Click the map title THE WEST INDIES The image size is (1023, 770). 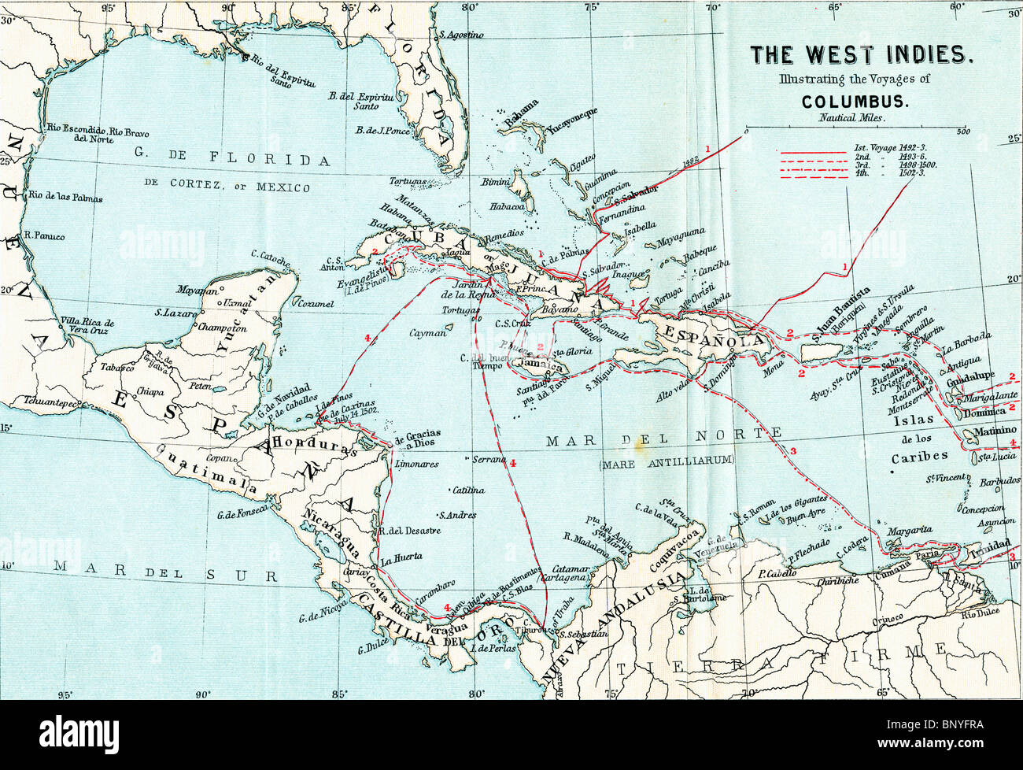(x=861, y=54)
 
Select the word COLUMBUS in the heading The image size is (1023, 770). (x=856, y=102)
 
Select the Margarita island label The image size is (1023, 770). (x=910, y=531)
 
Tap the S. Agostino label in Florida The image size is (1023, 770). (x=462, y=35)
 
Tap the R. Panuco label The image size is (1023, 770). (x=46, y=235)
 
